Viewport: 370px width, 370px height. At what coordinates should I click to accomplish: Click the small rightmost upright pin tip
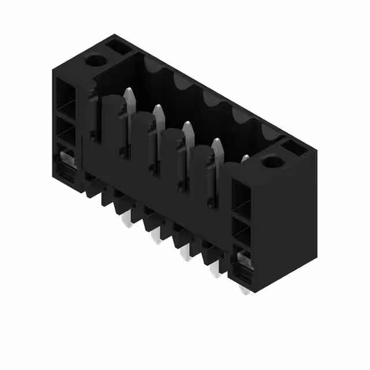245,157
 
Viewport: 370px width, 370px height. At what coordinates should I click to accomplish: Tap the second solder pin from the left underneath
155,235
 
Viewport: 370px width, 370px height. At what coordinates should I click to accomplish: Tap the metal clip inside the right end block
244,257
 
